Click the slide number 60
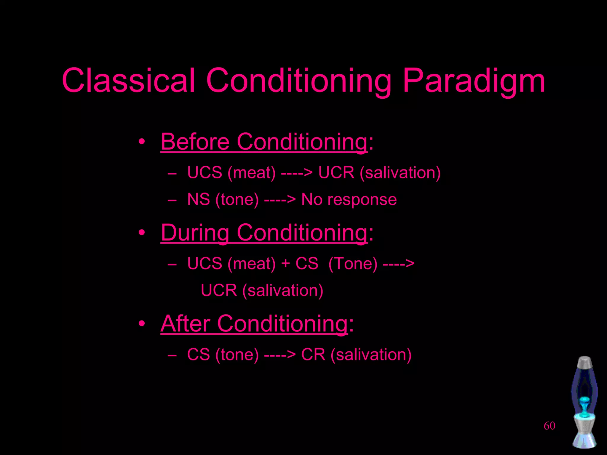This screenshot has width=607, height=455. click(x=549, y=426)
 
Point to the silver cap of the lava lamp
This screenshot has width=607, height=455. click(x=584, y=362)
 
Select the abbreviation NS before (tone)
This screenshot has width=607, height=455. click(x=198, y=199)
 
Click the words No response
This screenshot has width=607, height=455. click(x=349, y=199)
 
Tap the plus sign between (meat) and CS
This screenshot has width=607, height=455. click(x=285, y=263)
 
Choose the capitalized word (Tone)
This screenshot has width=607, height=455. click(x=353, y=263)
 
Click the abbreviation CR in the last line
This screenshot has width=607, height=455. click(x=313, y=354)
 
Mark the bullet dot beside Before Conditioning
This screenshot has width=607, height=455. click(x=142, y=142)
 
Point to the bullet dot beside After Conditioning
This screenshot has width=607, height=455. click(x=142, y=323)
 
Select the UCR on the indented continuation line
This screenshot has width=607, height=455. click(x=219, y=290)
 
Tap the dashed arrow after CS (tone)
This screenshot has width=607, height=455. click(x=280, y=355)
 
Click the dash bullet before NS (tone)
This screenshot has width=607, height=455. click(x=172, y=200)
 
